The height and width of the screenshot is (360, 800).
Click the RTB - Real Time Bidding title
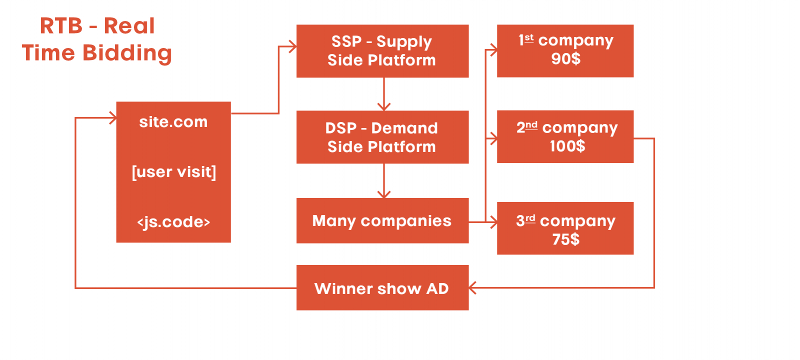point(97,39)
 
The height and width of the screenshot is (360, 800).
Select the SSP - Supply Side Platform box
point(382,51)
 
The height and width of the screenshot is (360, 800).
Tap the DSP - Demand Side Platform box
point(382,137)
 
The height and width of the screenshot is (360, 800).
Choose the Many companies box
point(382,220)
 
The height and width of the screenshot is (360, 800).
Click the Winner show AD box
point(382,288)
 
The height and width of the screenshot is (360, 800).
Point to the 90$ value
point(565,59)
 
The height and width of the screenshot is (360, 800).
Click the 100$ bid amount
point(567,146)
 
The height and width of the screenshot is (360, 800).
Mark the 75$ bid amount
point(565,239)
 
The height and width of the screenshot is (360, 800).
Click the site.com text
point(173,122)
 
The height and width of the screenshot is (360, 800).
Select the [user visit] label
point(173,172)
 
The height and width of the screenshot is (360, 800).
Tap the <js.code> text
point(173,221)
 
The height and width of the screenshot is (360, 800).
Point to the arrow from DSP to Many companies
point(383,180)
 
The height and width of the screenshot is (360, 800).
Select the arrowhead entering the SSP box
point(293,47)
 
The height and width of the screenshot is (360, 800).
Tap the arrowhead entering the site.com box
point(113,118)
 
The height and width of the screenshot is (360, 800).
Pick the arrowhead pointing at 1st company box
point(493,50)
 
